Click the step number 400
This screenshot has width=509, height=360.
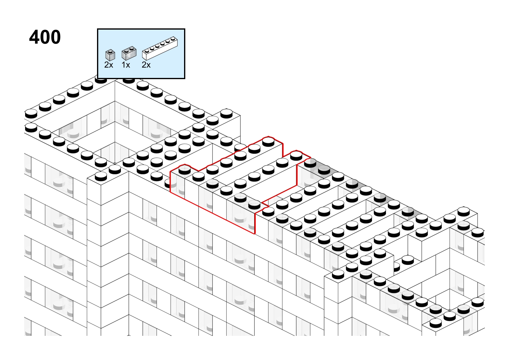(45, 37)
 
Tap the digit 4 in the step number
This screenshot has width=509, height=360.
(34, 37)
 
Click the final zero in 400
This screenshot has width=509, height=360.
(56, 37)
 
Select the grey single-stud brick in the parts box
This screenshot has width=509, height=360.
(110, 55)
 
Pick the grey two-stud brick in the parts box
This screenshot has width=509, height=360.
(129, 53)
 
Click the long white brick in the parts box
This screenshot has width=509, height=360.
(160, 48)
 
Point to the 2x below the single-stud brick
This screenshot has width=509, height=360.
(109, 65)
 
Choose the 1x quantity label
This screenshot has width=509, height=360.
(126, 65)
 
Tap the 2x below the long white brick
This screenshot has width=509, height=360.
(146, 65)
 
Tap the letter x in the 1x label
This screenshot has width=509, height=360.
(128, 66)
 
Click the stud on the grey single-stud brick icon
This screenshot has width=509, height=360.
(111, 51)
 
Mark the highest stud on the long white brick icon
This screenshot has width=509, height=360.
(173, 38)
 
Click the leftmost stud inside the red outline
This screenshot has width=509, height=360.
(184, 169)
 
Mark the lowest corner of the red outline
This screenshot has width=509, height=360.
(255, 234)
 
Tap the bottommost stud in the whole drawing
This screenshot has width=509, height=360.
(436, 323)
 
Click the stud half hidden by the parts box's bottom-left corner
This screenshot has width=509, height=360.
(101, 80)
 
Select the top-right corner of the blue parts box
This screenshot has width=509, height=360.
(185, 29)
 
